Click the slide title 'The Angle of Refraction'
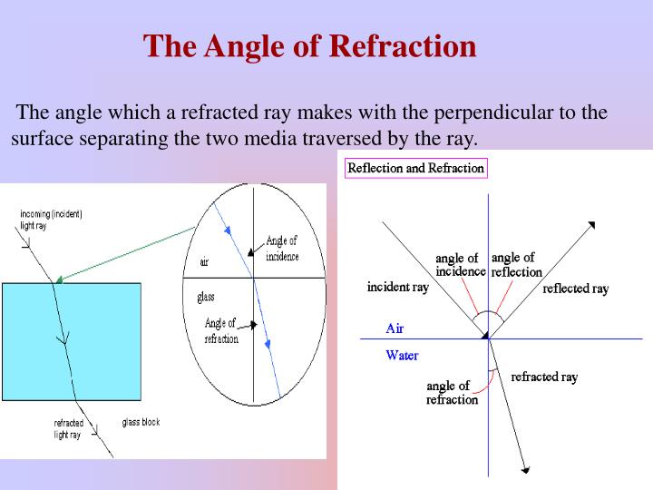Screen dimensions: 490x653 [310, 46]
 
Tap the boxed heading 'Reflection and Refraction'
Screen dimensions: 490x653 [416, 168]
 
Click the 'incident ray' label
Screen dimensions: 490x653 [397, 287]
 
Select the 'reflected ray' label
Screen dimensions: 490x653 [575, 289]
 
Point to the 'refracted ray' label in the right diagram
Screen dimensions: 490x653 [544, 377]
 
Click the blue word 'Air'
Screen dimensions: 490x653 [395, 328]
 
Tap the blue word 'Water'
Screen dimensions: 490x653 [402, 355]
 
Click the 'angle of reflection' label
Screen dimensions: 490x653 [516, 265]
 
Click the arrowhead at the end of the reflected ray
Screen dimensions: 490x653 [591, 224]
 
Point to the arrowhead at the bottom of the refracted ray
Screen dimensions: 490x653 [524, 469]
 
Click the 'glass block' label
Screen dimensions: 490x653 [141, 422]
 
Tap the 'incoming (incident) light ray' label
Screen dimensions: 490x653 [51, 220]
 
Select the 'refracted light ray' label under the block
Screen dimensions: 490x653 [69, 429]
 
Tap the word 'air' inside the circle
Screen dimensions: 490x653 [204, 262]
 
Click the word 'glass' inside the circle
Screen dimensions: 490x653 [206, 298]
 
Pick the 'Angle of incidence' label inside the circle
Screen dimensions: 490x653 [281, 249]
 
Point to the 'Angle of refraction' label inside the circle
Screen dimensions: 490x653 [221, 330]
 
